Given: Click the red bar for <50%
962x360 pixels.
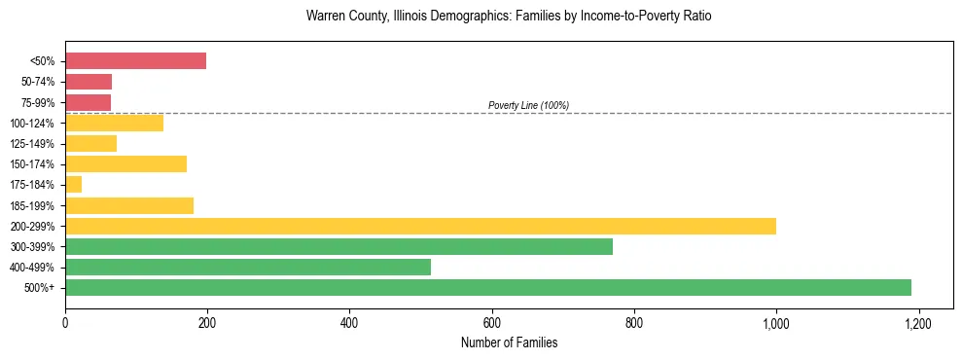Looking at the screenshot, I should point(135,61).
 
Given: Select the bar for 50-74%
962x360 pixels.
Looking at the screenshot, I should point(89,82).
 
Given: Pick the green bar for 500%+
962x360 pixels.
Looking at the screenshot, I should point(487,287).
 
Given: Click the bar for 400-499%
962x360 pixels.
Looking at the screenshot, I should point(248,267).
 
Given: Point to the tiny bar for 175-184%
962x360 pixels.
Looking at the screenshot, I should point(74,184).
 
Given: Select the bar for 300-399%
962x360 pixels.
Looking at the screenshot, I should point(338,246).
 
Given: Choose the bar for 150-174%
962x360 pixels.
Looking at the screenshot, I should point(125,163).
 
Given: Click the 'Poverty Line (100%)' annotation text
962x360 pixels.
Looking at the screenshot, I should point(528,105).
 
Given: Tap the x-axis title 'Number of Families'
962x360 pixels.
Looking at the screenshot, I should point(509,342).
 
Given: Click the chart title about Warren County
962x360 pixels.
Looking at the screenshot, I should point(509,17).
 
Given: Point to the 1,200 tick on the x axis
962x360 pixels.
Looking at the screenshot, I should point(918,322).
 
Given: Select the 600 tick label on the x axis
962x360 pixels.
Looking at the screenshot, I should point(491,322).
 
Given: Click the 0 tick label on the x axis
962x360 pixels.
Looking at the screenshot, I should point(65,322).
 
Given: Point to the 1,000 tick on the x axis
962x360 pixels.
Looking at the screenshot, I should point(776,322).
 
